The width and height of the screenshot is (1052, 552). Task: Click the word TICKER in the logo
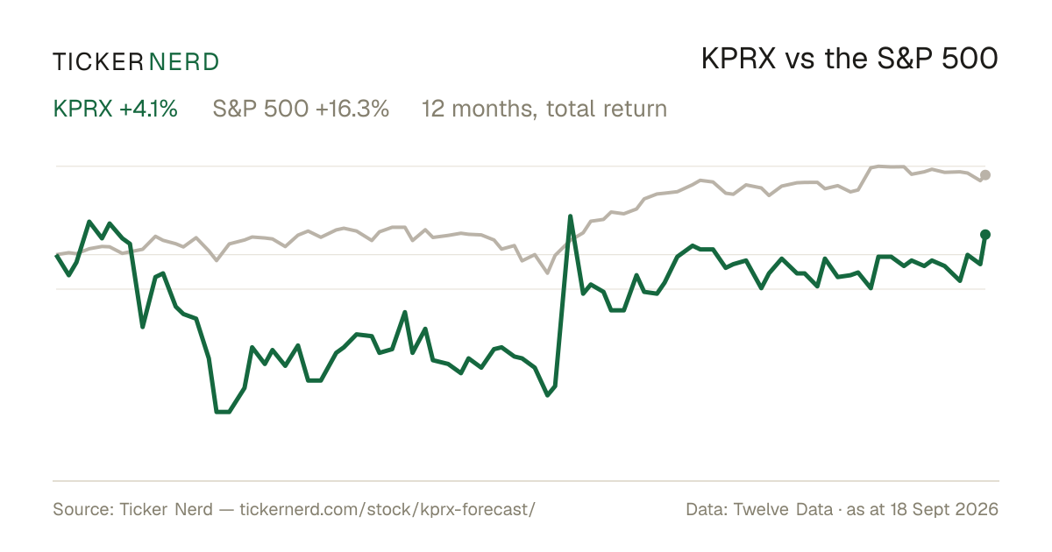pos(97,62)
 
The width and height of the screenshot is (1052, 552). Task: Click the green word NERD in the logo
pos(183,62)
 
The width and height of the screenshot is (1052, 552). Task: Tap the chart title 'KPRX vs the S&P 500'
pos(849,60)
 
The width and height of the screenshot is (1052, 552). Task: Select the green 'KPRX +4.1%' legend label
pos(116,109)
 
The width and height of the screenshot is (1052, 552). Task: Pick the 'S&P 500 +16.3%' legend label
pos(301,109)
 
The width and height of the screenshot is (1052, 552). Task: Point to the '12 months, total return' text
pos(544,110)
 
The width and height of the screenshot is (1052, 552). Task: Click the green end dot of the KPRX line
pos(985,235)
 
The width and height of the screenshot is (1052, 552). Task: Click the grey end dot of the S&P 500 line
pos(985,175)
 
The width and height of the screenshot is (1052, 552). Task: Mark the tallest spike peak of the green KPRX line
pos(570,216)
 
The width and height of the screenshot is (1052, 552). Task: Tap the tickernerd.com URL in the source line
pos(387,509)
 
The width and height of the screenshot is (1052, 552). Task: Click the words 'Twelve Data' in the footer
pos(783,509)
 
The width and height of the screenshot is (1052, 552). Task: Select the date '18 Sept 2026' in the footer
pos(944,509)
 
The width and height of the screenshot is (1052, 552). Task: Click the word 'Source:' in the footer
pos(83,509)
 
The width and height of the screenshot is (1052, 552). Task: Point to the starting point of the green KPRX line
pos(57,255)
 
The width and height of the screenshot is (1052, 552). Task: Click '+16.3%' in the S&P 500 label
pos(352,109)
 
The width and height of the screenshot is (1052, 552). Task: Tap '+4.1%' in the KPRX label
pos(148,109)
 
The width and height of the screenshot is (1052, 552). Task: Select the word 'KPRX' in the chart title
pos(739,60)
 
